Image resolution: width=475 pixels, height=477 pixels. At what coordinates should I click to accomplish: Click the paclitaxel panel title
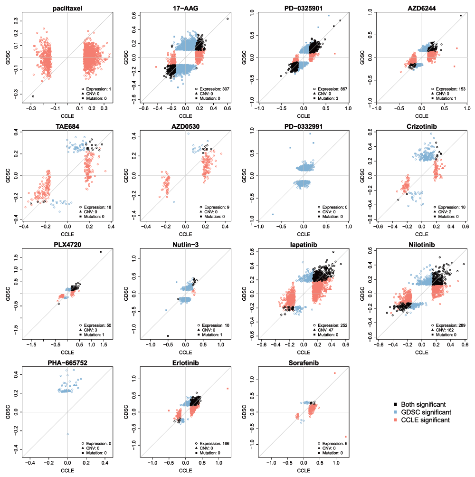[x=67, y=8]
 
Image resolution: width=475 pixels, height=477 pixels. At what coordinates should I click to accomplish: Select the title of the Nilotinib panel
[x=421, y=245]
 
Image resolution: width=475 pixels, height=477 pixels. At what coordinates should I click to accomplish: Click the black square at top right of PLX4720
[x=101, y=252]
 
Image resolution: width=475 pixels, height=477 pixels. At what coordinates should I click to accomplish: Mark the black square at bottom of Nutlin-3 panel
[x=168, y=336]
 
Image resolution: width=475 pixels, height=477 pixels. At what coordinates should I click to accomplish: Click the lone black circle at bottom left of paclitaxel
[x=33, y=96]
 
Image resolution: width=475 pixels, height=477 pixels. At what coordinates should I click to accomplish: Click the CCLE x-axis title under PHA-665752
[x=67, y=470]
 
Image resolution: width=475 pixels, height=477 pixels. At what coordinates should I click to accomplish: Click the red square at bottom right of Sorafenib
[x=346, y=437]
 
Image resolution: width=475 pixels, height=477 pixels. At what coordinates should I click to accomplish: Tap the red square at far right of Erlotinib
[x=228, y=389]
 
